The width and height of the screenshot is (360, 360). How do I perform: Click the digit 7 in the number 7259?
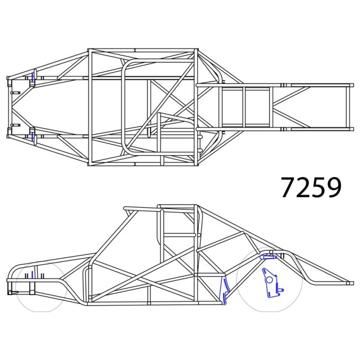(289, 188)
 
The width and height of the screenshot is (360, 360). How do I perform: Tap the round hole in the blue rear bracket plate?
(270, 279)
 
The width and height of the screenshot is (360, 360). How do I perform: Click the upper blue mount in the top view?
(33, 78)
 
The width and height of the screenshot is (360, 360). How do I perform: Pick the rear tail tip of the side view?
(350, 283)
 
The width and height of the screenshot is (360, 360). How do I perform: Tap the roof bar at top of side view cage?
(177, 207)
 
